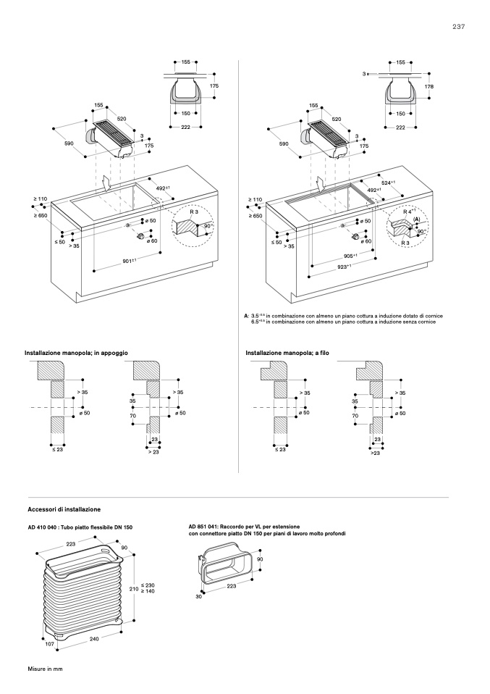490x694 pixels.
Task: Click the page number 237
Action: [x=458, y=27]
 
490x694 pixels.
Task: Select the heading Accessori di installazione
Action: [x=64, y=510]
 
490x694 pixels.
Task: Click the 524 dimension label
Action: [x=391, y=183]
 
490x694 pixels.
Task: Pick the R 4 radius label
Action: [x=409, y=211]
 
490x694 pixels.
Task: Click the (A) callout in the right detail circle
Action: [x=416, y=219]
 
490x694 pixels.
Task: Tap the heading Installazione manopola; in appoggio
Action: [x=76, y=352]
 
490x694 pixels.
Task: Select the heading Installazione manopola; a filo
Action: [x=290, y=352]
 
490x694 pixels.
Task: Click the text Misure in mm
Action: [x=46, y=667]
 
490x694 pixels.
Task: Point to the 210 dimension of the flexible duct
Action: [x=133, y=589]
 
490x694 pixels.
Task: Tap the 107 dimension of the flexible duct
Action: [x=50, y=644]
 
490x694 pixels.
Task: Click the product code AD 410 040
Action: [x=46, y=526]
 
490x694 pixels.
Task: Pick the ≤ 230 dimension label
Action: [x=147, y=585]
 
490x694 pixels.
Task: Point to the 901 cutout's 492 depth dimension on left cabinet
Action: [x=163, y=188]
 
